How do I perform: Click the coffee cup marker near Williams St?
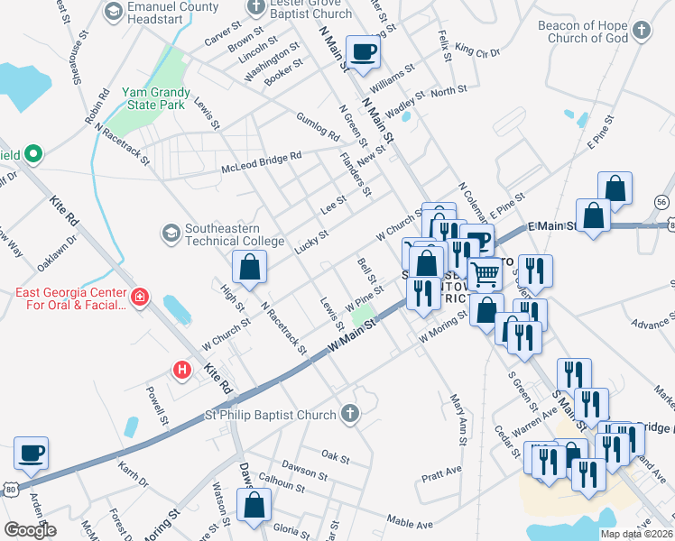pos(364,52)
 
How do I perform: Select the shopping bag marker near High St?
pos(250,267)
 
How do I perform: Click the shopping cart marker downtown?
pos(485,273)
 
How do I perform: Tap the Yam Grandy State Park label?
pos(156,98)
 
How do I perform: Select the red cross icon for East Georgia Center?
pos(140,298)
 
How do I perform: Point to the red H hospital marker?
pos(182,370)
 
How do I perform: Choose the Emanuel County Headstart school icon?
pos(114,11)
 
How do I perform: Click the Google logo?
pos(29,530)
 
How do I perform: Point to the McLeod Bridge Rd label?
pos(262,162)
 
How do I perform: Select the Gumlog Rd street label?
pos(317,127)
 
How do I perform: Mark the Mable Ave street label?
pos(410,523)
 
